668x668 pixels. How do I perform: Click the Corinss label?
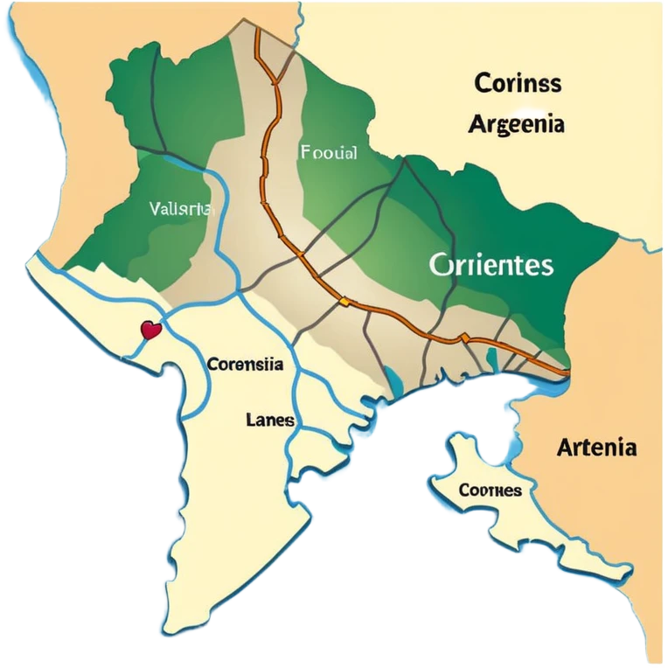click(x=518, y=85)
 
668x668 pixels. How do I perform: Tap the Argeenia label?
click(x=516, y=124)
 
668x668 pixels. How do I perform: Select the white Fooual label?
click(x=328, y=153)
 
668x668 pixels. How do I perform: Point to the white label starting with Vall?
click(x=182, y=209)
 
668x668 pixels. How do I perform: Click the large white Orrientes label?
click(x=491, y=265)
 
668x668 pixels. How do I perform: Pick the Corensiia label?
click(x=245, y=365)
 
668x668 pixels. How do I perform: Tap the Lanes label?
click(x=269, y=420)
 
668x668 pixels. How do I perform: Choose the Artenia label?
click(x=596, y=449)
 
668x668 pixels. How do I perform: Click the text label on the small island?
click(x=490, y=491)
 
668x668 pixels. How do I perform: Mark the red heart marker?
click(x=151, y=331)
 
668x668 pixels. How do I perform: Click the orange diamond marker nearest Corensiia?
click(x=344, y=302)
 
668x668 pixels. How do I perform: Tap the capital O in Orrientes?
click(x=440, y=265)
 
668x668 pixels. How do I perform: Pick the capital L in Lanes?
click(x=251, y=420)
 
